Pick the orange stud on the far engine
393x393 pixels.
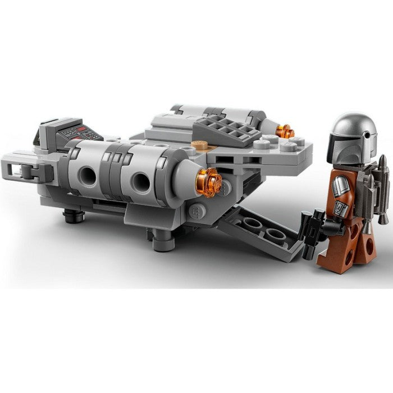tap(286, 131)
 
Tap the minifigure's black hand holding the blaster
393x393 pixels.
tap(331, 228)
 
